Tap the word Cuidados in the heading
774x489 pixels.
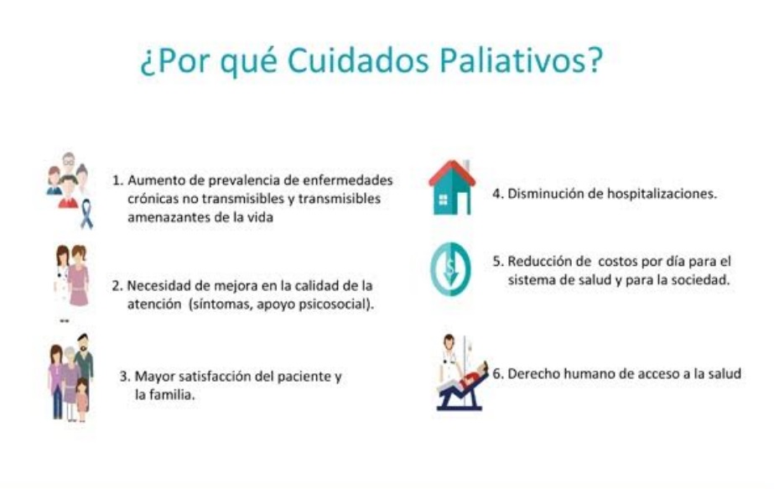(357, 60)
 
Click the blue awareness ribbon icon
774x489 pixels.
(86, 214)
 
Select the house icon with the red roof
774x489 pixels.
(452, 187)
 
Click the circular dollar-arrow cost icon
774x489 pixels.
(450, 269)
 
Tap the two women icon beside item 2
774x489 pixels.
(72, 276)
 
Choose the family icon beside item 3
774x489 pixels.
(71, 377)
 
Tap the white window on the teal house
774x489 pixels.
(443, 200)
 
